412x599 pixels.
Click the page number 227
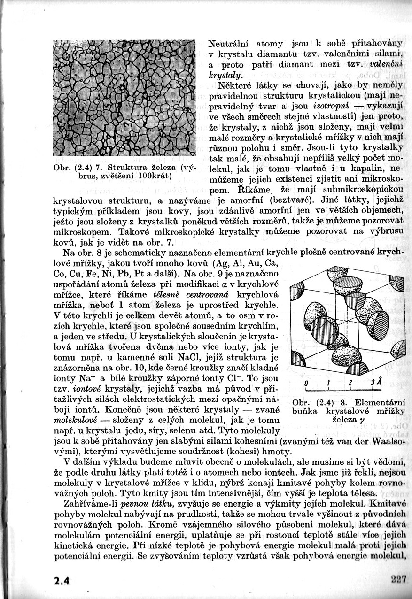click(398, 579)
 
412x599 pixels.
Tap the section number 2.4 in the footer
click(62, 580)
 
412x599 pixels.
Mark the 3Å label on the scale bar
click(374, 383)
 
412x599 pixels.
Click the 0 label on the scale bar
click(306, 383)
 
